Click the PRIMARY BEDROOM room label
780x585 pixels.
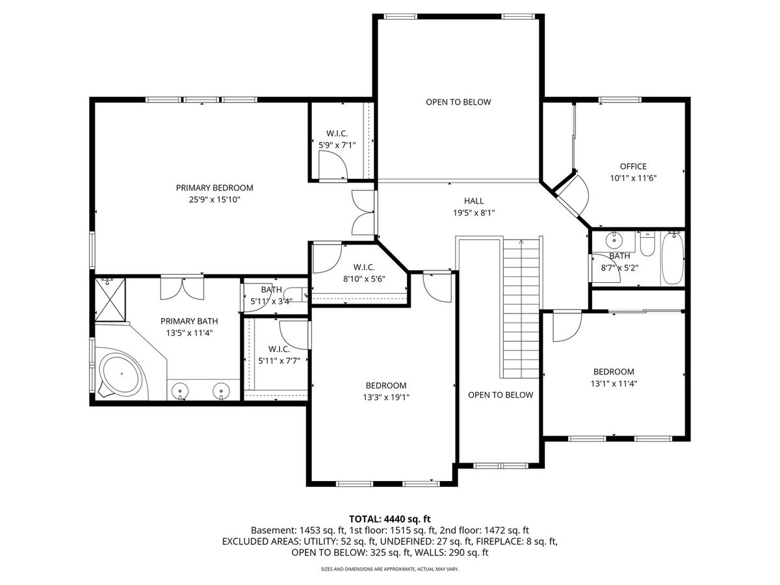point(214,188)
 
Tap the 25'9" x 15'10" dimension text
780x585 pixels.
point(214,200)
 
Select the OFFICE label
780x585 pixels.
point(633,166)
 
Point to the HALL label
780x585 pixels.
point(474,201)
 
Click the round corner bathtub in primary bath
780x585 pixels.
point(120,373)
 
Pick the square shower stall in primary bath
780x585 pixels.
point(110,300)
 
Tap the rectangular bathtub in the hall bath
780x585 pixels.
point(672,258)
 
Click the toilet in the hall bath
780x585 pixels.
point(647,244)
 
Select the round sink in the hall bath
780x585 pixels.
point(614,240)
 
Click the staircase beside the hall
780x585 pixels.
point(521,308)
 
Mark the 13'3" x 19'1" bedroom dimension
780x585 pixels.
point(386,397)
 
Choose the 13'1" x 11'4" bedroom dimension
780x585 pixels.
point(614,383)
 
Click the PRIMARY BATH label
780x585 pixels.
point(189,322)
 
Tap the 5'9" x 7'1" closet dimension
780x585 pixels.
point(337,145)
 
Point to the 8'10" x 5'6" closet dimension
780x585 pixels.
point(364,279)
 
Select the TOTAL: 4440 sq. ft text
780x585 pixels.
point(390,519)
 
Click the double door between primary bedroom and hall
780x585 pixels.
point(363,213)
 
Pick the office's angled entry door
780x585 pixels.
point(572,194)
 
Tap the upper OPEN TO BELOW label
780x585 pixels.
point(458,102)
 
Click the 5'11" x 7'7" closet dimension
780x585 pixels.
point(279,361)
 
